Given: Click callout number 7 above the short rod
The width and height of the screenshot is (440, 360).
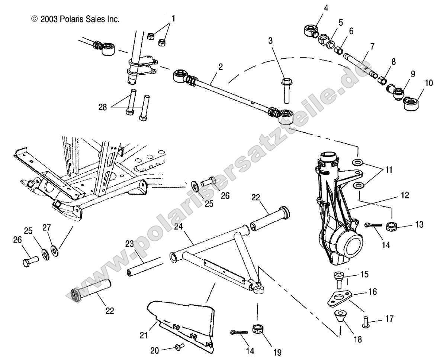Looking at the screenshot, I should click(x=372, y=46).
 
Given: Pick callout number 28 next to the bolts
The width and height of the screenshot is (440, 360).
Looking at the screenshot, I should click(x=102, y=107).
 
